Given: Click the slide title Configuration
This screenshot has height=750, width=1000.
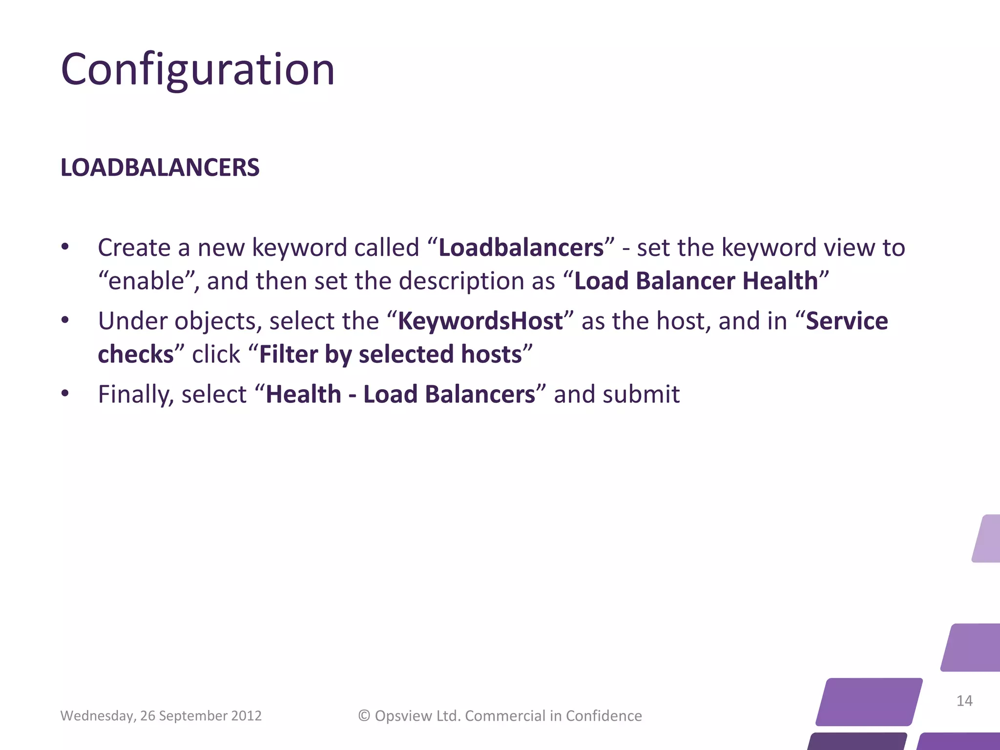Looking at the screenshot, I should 198,70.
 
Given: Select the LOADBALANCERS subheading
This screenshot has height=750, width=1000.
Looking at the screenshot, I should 160,167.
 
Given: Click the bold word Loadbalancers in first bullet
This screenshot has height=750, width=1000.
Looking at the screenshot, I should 521,248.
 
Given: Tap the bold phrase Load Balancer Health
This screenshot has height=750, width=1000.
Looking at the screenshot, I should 696,281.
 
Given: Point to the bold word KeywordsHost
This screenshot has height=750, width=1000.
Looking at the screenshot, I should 480,321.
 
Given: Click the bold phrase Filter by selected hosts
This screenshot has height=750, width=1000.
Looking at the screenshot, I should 391,354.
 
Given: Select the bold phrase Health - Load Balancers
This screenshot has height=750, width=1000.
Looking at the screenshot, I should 400,395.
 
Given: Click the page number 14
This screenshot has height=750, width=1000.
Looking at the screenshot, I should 964,701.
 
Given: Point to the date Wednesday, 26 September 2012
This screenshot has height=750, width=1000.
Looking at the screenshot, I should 161,716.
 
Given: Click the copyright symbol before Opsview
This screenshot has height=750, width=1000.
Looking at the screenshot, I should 364,716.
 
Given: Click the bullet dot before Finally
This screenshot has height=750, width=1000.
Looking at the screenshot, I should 65,394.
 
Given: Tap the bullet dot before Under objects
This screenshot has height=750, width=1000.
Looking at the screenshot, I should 65,321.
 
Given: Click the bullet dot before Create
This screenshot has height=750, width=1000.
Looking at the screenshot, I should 65,247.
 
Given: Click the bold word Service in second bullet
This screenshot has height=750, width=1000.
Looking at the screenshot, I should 847,321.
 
